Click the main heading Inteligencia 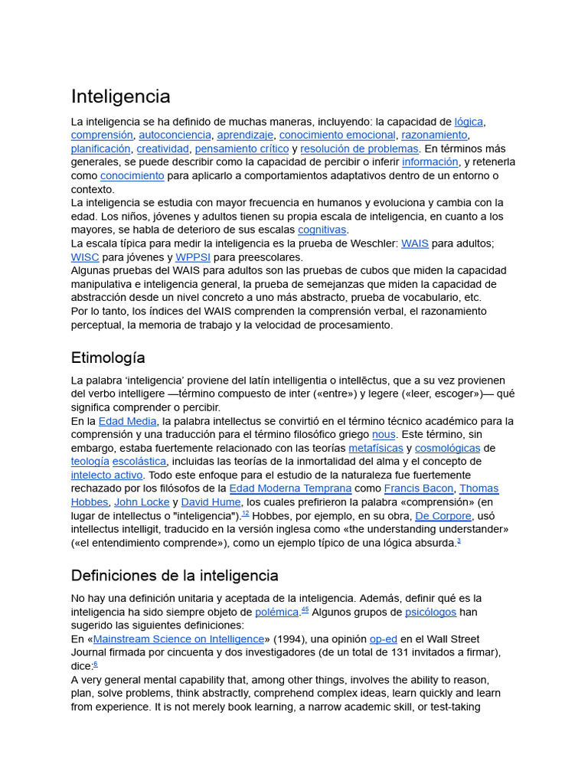(x=120, y=96)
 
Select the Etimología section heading (x=108, y=358)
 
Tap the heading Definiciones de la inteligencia (x=175, y=575)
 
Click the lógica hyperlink (x=469, y=122)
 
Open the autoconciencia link (x=173, y=136)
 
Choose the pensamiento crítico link (x=242, y=149)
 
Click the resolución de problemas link (x=359, y=149)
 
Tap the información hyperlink (x=430, y=162)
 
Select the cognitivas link (x=322, y=230)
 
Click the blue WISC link (x=85, y=257)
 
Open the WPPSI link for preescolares (x=193, y=257)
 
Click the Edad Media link (x=128, y=421)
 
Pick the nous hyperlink (x=384, y=435)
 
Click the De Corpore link (x=443, y=516)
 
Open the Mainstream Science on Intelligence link (x=178, y=639)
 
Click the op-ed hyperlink (x=383, y=639)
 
